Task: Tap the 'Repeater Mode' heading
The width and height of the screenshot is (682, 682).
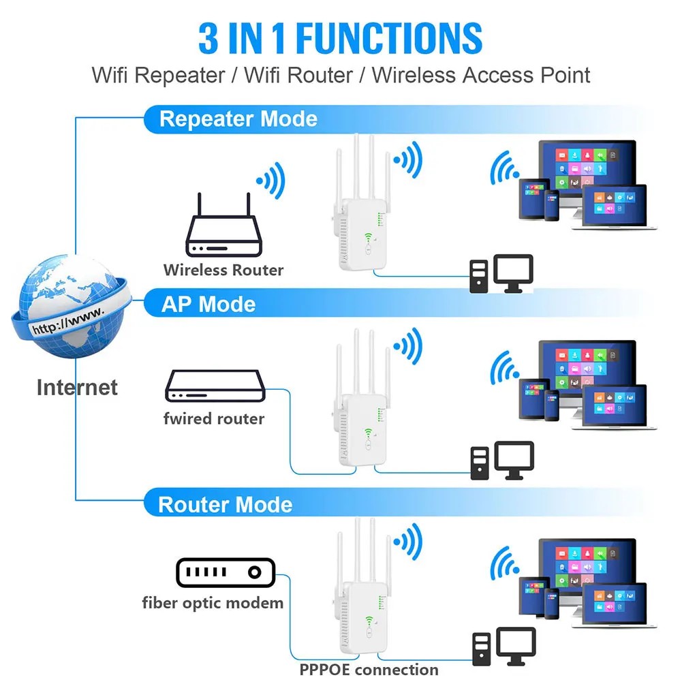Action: click(238, 119)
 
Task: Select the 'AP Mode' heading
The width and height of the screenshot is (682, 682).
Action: click(208, 304)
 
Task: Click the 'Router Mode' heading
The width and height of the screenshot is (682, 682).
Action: click(225, 505)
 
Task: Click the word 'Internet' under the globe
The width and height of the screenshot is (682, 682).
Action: click(77, 388)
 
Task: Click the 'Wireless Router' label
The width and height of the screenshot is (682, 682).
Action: click(223, 270)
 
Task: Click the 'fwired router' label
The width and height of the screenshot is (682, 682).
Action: click(213, 418)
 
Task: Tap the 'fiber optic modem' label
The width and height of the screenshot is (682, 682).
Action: click(213, 602)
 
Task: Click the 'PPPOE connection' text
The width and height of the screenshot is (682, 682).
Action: click(369, 670)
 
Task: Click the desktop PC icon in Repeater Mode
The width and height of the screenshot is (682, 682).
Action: click(501, 274)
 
